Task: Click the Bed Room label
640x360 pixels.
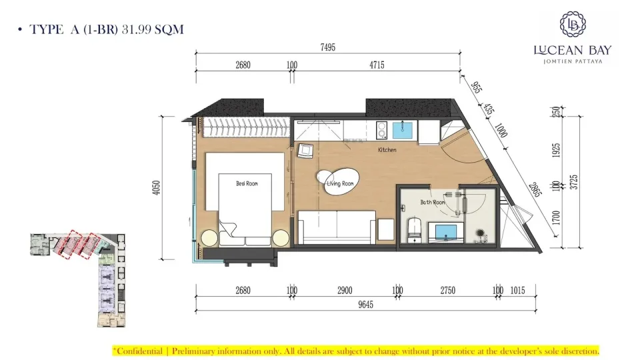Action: point(247,184)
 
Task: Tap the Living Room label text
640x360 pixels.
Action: point(340,184)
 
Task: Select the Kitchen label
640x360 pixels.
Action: point(387,150)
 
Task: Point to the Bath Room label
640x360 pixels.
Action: point(433,202)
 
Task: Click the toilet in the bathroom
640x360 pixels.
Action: point(414,231)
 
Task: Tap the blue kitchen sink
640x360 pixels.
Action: point(402,130)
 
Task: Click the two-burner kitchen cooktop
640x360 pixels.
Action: point(381,130)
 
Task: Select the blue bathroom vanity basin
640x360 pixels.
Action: point(446,232)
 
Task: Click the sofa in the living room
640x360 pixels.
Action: point(337,227)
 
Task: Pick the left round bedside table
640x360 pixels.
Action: point(209,238)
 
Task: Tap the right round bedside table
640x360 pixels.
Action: point(281,238)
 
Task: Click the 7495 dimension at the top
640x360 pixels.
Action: point(328,47)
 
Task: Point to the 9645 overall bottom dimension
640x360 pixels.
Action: point(366,305)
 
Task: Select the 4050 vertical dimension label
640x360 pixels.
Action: point(156,187)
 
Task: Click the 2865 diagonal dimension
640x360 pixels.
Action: point(535,190)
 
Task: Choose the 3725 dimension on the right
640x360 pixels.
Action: point(574,182)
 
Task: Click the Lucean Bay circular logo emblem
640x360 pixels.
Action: point(573,24)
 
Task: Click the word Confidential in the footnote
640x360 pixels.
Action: point(139,351)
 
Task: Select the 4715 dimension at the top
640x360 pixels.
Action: point(377,65)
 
